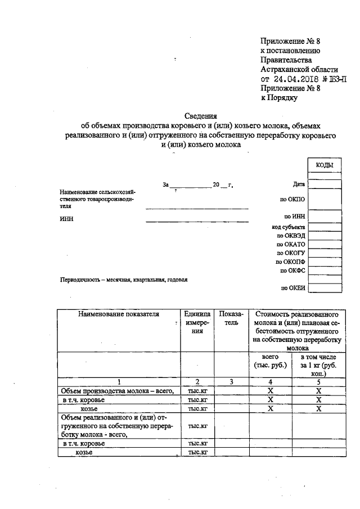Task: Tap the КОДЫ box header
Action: [325, 165]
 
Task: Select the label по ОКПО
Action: [292, 199]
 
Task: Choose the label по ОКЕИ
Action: [292, 288]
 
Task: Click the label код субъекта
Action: [288, 227]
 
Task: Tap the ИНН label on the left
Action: [66, 219]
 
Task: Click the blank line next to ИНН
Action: [197, 219]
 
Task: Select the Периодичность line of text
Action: [123, 280]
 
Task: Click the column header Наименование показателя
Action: [119, 314]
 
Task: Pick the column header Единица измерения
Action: [197, 323]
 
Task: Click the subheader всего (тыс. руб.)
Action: [271, 362]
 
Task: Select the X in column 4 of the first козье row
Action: [271, 409]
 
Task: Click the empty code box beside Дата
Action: [325, 183]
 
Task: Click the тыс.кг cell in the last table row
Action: [197, 452]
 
